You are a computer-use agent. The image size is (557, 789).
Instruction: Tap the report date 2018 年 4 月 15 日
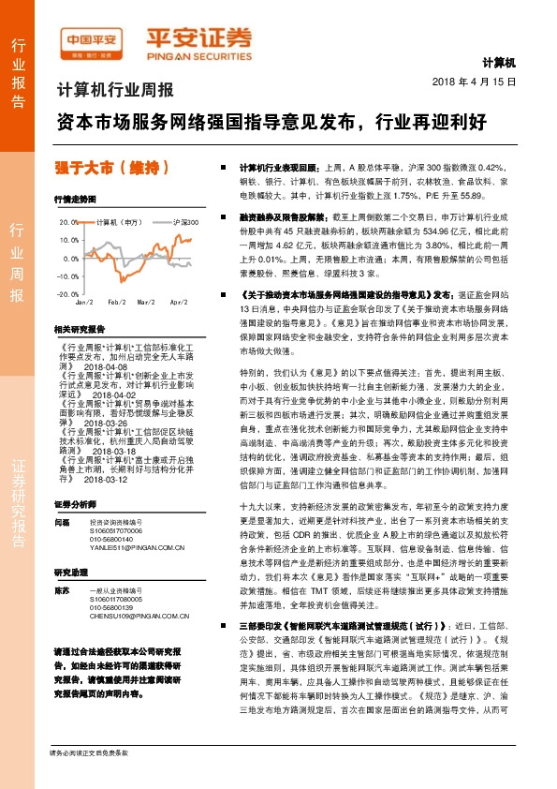(x=475, y=82)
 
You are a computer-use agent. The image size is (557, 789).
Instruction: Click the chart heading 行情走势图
(x=75, y=201)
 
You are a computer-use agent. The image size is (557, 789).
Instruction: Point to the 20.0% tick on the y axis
(x=69, y=223)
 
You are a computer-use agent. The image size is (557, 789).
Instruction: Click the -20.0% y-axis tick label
(x=68, y=294)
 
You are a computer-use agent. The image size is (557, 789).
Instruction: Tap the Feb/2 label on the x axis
(x=116, y=303)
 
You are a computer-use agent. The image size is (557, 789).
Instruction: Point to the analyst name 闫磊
(x=63, y=521)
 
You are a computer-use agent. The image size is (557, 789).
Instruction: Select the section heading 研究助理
(x=71, y=572)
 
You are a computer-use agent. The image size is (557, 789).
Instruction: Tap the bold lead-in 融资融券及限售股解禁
(x=271, y=215)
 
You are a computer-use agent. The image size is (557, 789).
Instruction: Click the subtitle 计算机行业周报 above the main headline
(x=116, y=91)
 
